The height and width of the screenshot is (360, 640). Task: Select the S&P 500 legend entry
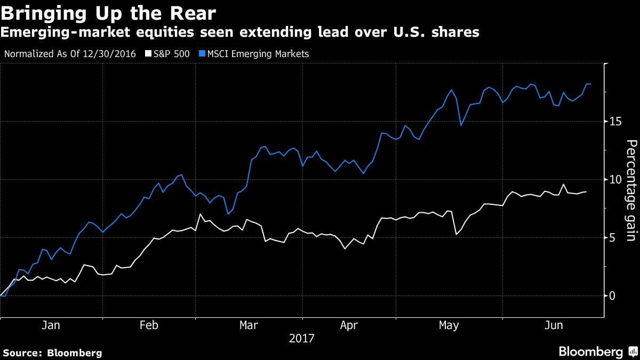pyautogui.click(x=168, y=54)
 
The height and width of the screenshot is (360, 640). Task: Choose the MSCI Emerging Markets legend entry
pyautogui.click(x=255, y=54)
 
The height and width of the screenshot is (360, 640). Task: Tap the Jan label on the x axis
pyautogui.click(x=50, y=325)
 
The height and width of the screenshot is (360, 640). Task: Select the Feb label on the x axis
pyautogui.click(x=149, y=325)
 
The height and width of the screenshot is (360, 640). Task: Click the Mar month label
pyautogui.click(x=249, y=325)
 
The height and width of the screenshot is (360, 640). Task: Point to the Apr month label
pyautogui.click(x=349, y=325)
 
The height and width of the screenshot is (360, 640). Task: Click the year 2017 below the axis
pyautogui.click(x=302, y=338)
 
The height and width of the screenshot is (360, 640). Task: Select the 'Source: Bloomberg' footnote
pyautogui.click(x=52, y=353)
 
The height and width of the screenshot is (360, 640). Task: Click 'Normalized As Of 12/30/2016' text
pyautogui.click(x=70, y=54)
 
